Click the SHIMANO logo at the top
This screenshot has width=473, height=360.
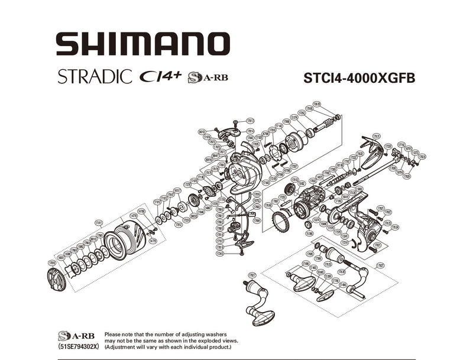point(142,44)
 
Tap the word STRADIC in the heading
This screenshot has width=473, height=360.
point(94,77)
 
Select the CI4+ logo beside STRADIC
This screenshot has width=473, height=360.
point(159,77)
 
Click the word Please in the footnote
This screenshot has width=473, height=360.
point(114,334)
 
